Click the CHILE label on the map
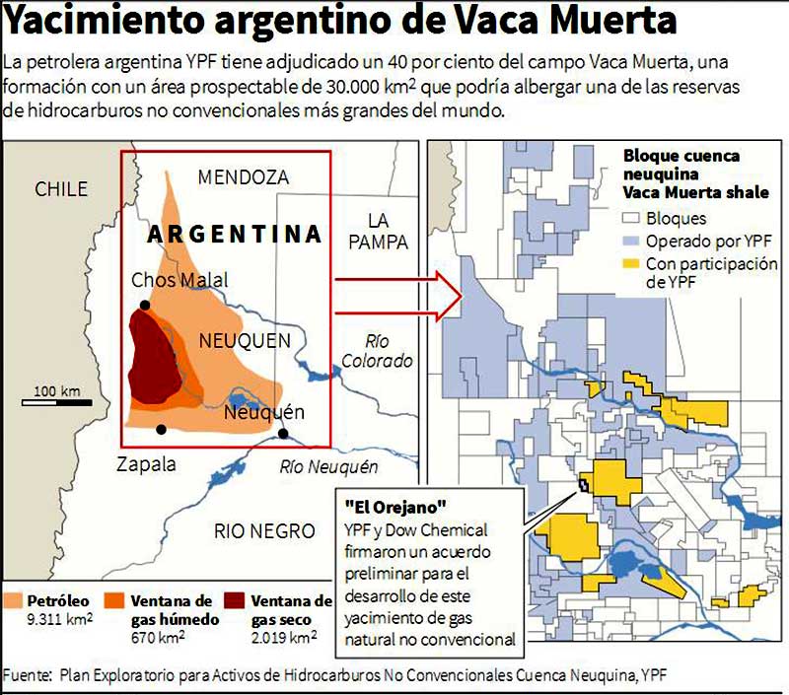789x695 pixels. [61, 189]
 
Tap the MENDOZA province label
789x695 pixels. [244, 177]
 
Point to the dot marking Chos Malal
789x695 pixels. [145, 305]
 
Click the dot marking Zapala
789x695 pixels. [161, 430]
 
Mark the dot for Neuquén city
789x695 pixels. [284, 433]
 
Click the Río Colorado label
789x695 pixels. [377, 352]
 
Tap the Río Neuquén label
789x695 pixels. [328, 466]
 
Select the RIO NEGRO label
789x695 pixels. [263, 531]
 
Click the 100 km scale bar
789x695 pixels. [57, 400]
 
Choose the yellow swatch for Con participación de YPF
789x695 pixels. [631, 264]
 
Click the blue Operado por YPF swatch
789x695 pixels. [631, 242]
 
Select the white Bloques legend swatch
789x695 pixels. [631, 219]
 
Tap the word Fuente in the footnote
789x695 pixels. [27, 675]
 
